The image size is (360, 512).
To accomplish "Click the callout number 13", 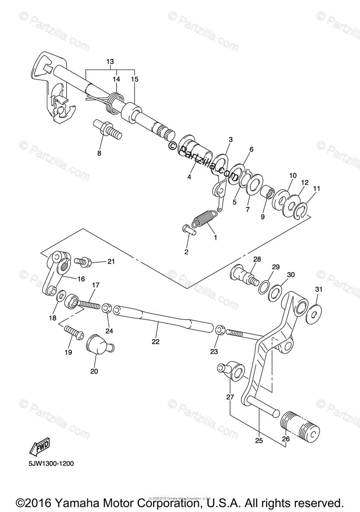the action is (x=110, y=62).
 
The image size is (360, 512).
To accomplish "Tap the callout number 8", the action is (x=99, y=153).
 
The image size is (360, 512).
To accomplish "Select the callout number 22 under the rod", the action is (x=155, y=341).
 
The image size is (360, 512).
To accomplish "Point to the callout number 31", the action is (x=318, y=289).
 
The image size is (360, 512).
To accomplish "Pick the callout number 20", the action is (x=94, y=371).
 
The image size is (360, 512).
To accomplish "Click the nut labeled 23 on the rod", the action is (x=220, y=330).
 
